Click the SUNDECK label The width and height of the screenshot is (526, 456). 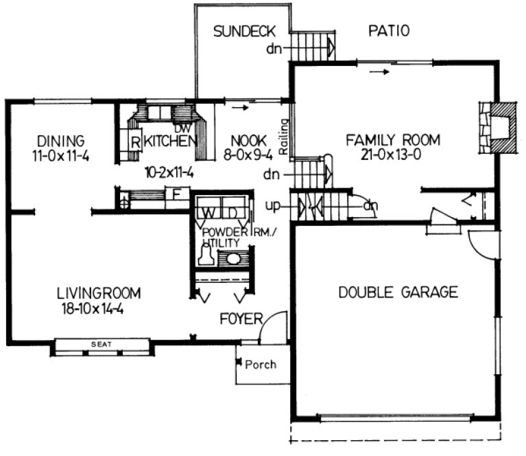pyautogui.click(x=243, y=31)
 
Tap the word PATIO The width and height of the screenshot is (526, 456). pyautogui.click(x=388, y=31)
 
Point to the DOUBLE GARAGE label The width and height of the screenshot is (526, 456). pyautogui.click(x=398, y=293)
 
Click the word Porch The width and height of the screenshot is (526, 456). pyautogui.click(x=261, y=364)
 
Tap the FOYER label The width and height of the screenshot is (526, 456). pyautogui.click(x=241, y=319)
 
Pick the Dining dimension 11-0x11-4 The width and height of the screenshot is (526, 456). pyautogui.click(x=60, y=155)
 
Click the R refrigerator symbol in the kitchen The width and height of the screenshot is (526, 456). pyautogui.click(x=136, y=143)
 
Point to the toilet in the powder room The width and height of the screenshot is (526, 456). pyautogui.click(x=204, y=256)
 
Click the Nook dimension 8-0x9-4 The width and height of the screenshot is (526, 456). pyautogui.click(x=249, y=155)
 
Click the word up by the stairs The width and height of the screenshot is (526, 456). pyautogui.click(x=275, y=205)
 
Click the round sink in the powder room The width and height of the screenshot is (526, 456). pyautogui.click(x=233, y=259)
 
